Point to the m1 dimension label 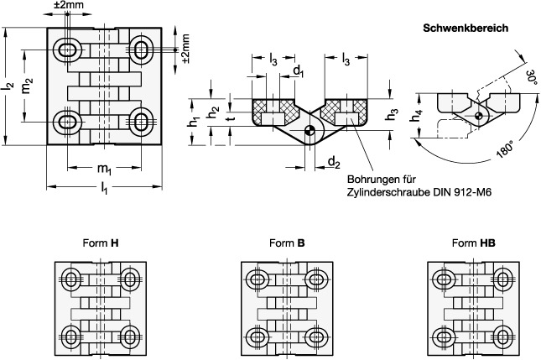click(104, 170)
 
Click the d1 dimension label click(298, 71)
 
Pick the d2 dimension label click(333, 161)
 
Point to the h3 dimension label click(391, 116)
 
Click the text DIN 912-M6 click(456, 192)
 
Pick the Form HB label click(472, 243)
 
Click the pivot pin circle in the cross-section click(310, 130)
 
